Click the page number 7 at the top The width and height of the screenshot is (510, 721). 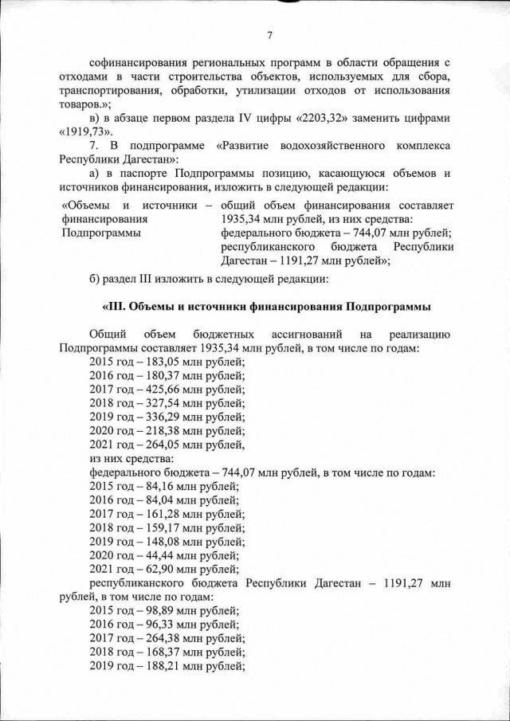tap(270, 34)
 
